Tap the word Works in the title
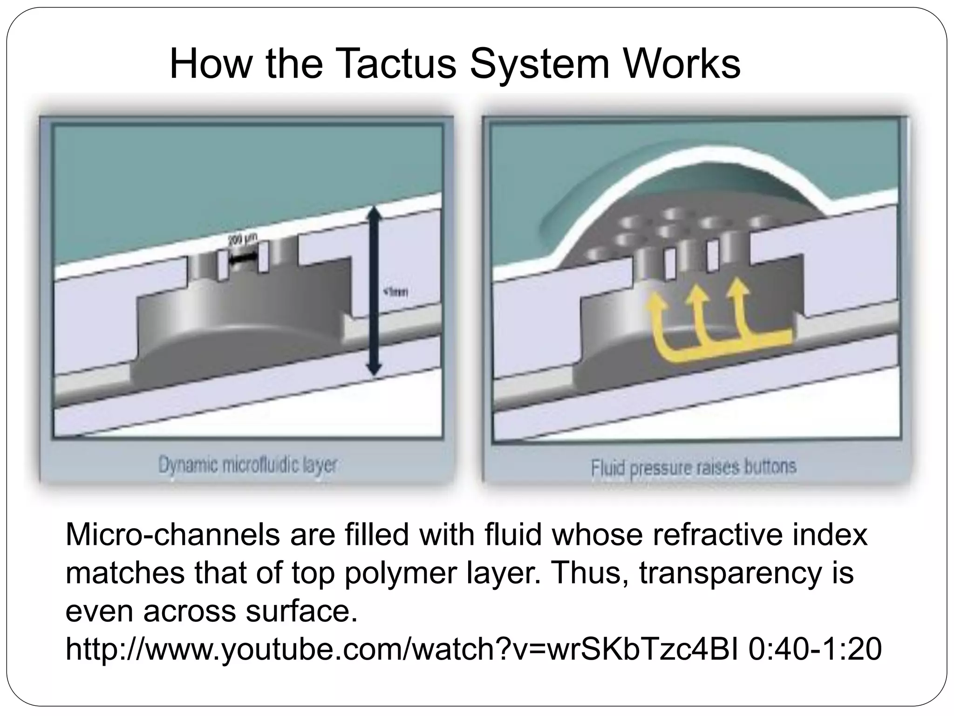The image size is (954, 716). [682, 64]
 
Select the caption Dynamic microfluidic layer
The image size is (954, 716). [247, 465]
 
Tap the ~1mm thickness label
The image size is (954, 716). [395, 292]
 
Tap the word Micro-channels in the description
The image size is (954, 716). [173, 535]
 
